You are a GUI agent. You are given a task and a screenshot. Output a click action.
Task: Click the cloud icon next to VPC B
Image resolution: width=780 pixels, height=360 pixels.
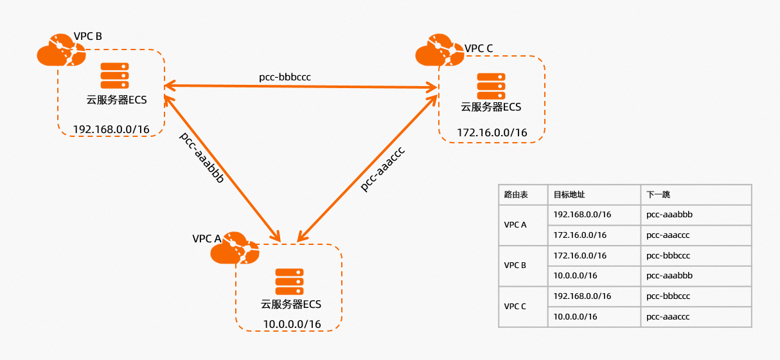60,51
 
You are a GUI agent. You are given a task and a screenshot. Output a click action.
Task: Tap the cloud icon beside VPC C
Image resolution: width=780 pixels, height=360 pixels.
439,52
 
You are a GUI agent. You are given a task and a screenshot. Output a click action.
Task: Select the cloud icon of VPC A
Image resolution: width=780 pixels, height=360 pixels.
235,250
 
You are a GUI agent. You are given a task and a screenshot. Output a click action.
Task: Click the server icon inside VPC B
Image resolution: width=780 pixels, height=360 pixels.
114,76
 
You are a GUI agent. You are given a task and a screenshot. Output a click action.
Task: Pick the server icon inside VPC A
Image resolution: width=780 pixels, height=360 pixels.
289,282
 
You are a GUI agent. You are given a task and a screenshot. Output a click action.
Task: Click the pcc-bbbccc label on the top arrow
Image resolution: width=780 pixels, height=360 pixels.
285,77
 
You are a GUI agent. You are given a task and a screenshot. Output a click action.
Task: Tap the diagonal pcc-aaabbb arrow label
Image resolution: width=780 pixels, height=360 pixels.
202,158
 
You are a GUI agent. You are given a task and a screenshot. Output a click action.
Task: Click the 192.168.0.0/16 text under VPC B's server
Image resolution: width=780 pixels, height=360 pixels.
111,129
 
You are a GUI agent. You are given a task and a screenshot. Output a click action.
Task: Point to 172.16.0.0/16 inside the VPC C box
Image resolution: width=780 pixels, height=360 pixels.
492,133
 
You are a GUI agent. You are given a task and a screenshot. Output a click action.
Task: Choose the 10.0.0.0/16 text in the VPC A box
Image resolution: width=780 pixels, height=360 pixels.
292,324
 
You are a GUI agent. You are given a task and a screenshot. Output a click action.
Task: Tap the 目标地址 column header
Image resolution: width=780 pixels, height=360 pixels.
569,195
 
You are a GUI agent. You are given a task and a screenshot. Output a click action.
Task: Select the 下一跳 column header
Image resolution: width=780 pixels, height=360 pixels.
659,195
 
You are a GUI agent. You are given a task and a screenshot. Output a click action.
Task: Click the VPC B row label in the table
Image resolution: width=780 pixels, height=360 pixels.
515,265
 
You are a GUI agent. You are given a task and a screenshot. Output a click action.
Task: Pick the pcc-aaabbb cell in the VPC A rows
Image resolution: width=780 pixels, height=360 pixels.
669,215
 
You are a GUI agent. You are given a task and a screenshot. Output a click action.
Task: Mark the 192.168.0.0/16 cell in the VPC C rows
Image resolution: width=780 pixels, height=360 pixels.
582,296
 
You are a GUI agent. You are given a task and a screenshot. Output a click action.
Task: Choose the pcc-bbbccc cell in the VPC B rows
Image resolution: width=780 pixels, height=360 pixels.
668,255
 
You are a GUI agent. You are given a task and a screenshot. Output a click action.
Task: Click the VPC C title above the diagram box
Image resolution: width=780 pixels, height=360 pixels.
479,48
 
